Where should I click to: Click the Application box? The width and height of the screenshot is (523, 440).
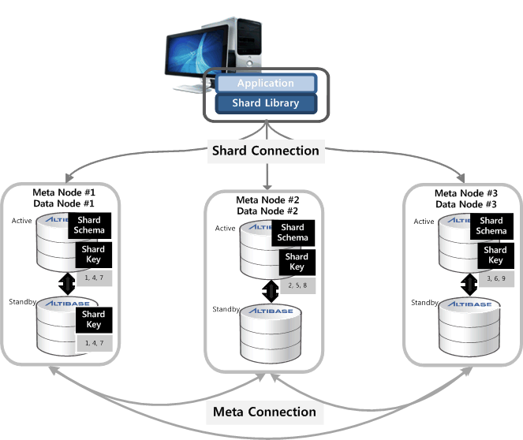266,84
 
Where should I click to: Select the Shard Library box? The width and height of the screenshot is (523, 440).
266,103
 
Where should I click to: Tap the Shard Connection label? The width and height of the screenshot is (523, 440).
264,151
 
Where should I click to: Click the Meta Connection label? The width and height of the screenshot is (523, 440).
264,412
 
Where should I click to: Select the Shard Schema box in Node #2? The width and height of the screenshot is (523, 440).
293,233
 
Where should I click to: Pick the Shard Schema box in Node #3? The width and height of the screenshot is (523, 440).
491,226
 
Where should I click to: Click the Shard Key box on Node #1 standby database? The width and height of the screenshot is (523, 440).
93,319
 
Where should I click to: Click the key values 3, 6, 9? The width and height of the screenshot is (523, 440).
495,278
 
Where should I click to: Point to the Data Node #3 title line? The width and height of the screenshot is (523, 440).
466,204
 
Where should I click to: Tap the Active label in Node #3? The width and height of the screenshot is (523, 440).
424,222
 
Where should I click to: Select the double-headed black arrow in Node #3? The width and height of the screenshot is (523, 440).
467,282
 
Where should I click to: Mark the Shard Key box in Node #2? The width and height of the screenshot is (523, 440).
297,262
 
